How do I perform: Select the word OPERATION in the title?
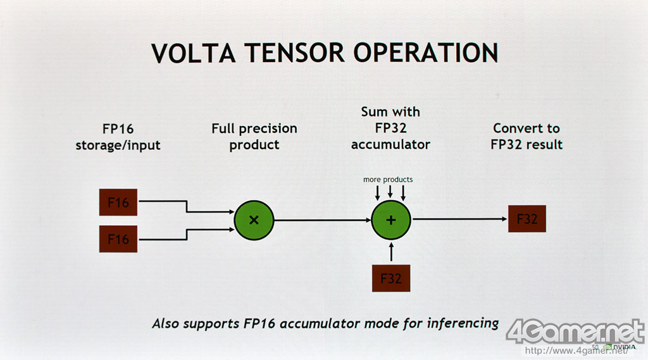coord(425,53)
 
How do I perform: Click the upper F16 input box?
coord(118,202)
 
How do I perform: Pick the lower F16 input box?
coord(118,239)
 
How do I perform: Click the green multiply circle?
coord(254,220)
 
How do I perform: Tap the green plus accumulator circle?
coord(391,220)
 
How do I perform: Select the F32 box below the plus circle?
coord(391,278)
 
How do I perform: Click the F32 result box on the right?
coord(526,219)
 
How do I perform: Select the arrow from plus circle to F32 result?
coord(459,220)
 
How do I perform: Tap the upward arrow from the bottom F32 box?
coord(391,251)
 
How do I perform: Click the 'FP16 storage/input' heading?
coord(118,137)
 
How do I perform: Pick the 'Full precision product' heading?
coord(254,137)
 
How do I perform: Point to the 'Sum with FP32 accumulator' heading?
coord(390,128)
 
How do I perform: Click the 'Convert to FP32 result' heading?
coord(526,137)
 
